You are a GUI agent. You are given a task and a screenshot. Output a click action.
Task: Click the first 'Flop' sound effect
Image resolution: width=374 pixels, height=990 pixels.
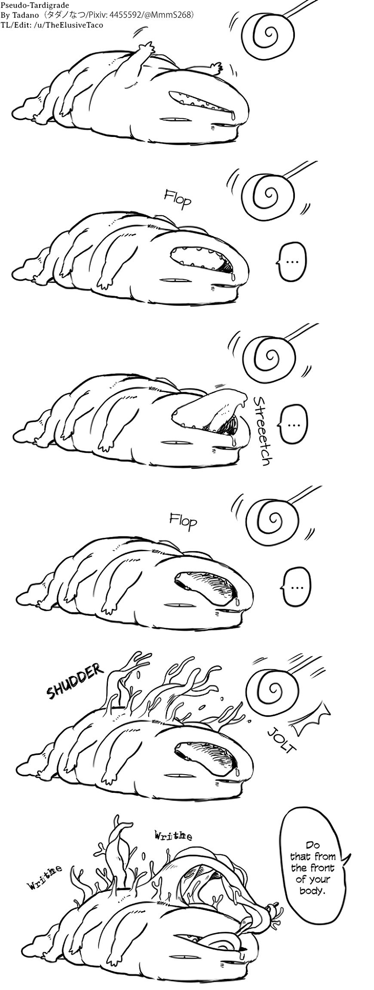[x=177, y=199]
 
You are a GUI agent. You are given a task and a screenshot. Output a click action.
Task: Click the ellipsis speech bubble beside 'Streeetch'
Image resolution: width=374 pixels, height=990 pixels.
[x=294, y=423]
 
